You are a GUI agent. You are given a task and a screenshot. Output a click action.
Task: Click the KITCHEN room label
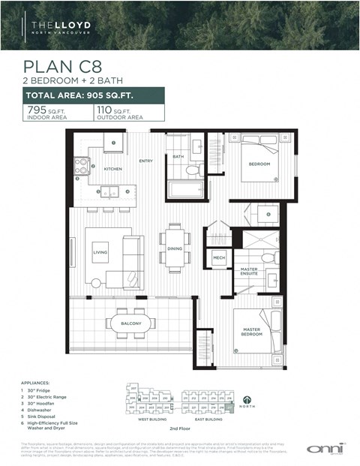112,170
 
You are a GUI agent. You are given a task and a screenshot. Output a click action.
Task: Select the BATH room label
178,157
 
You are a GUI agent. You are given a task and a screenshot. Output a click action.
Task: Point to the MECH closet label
219,257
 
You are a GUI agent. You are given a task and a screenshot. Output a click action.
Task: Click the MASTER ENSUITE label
250,272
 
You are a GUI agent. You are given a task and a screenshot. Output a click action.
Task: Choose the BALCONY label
130,323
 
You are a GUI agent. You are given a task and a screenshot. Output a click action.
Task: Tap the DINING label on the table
174,248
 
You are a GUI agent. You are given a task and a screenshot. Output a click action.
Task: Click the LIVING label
100,253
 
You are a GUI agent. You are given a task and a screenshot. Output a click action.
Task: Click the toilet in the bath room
193,171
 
